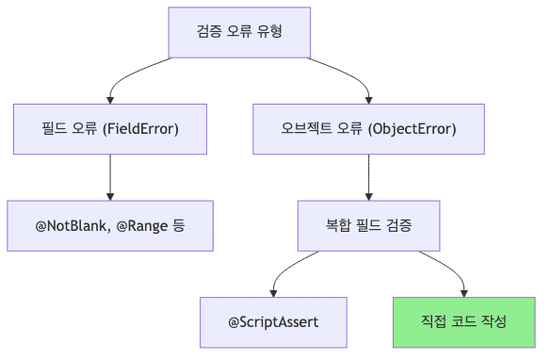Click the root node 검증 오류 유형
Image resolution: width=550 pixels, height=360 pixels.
pos(239,32)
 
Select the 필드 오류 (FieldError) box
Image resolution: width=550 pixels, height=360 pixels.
pos(110,128)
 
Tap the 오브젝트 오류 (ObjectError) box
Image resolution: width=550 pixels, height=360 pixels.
pos(367,128)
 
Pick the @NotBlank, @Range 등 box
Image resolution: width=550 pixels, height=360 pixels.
pos(110,225)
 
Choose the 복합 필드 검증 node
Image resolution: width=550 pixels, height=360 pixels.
pos(367,225)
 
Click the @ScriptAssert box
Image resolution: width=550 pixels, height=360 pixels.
pos(273,321)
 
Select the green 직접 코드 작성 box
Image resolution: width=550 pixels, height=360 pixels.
pos(464,321)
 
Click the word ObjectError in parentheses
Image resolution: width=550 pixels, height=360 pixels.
pos(412,128)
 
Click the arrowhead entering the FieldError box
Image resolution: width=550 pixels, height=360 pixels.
pos(110,99)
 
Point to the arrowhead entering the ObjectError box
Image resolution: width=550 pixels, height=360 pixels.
pos(367,99)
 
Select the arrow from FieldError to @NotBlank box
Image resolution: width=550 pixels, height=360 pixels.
pos(110,174)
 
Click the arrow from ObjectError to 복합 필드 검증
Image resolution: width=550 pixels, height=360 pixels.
pos(367,174)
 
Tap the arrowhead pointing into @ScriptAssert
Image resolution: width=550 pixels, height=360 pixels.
pos(273,292)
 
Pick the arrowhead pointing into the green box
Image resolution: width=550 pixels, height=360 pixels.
pos(464,292)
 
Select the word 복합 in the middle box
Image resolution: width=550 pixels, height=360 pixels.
pos(336,225)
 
